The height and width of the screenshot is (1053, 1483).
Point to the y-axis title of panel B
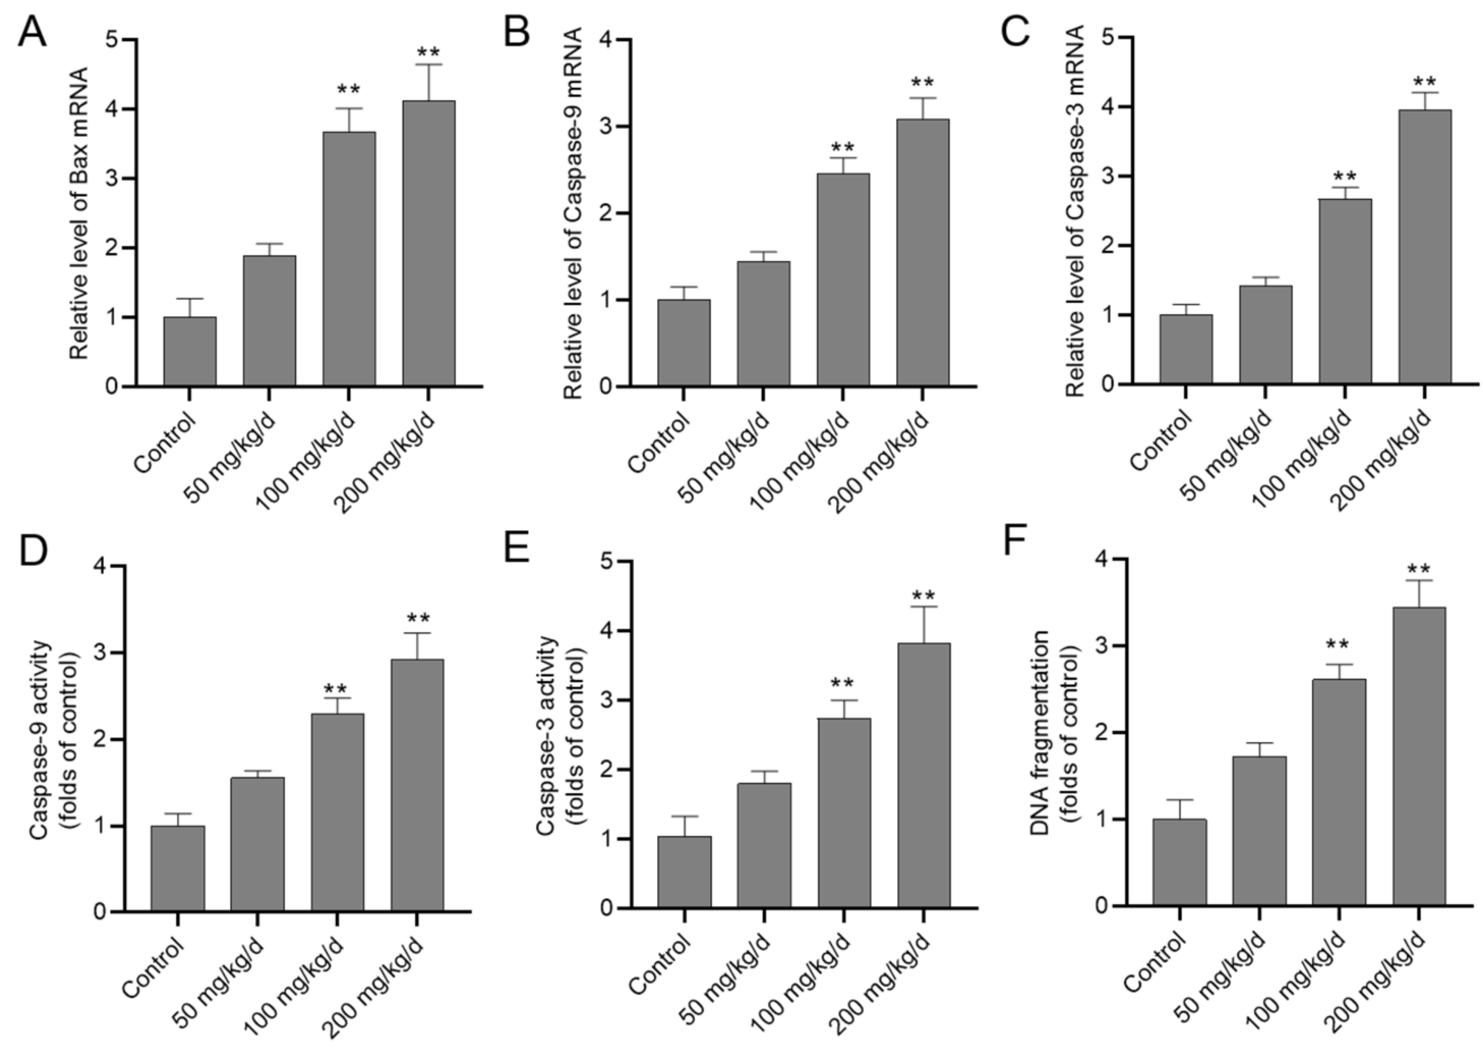(572, 214)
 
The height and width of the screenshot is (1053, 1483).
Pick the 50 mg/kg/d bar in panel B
(763, 324)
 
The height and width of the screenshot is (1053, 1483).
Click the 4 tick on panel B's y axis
(607, 40)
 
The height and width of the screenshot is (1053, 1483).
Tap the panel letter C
(1015, 32)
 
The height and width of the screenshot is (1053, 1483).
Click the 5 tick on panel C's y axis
(1109, 37)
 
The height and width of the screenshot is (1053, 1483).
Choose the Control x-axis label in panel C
(1161, 441)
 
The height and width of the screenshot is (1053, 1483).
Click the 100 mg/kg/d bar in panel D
(337, 812)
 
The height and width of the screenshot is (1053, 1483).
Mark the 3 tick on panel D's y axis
(102, 653)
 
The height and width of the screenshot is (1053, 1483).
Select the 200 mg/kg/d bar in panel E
(924, 775)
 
